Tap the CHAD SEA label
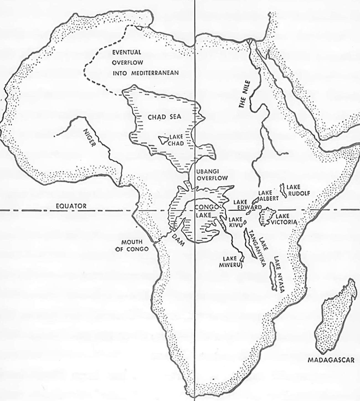coord(164,117)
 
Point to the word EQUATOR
coord(71,206)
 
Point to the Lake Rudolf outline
coord(283,191)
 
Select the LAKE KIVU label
coord(235,222)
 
